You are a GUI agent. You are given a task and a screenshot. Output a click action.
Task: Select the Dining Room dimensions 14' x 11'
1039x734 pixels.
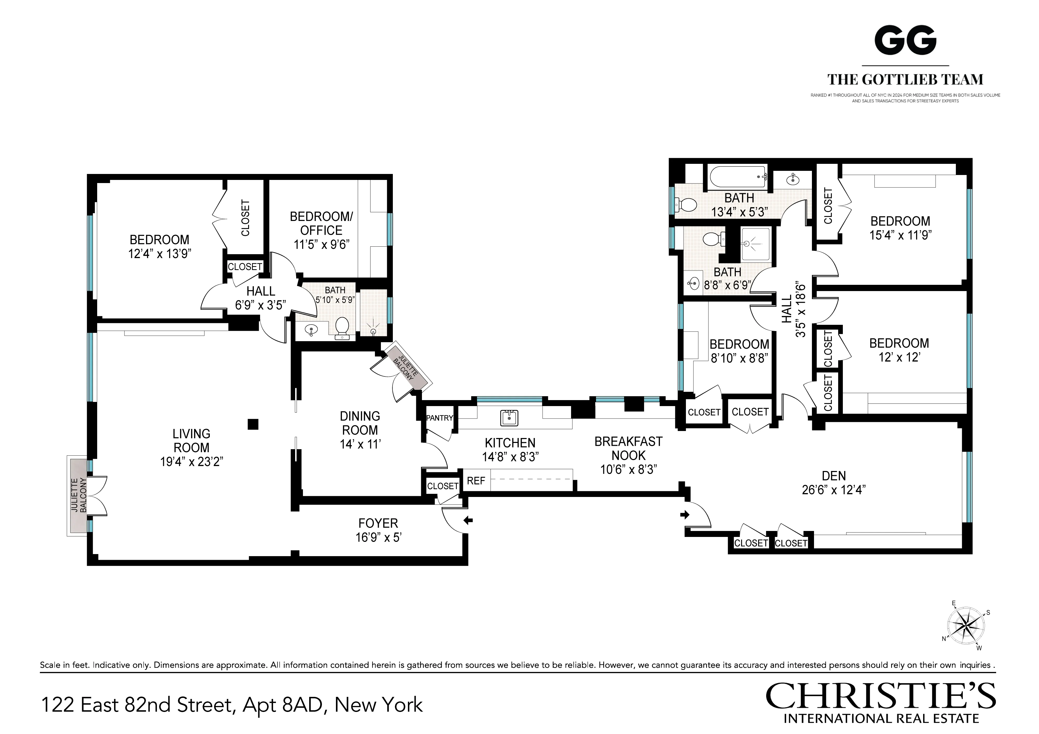360,444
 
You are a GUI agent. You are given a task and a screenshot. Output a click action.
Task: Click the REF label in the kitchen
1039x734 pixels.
476,481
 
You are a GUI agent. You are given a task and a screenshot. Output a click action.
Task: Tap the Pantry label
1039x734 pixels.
439,418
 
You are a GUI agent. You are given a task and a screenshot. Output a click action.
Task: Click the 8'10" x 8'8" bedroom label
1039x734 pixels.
739,345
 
